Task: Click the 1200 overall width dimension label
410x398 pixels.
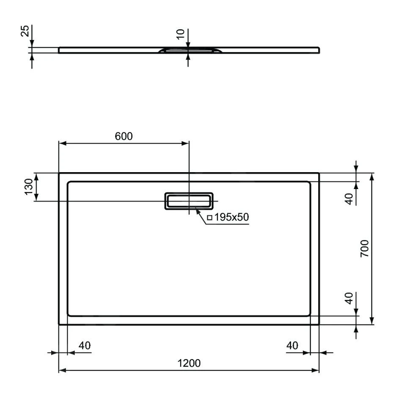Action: pyautogui.click(x=189, y=363)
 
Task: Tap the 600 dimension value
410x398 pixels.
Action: pyautogui.click(x=124, y=136)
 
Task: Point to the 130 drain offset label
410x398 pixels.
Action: pyautogui.click(x=28, y=187)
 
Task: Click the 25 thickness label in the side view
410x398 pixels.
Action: pyautogui.click(x=25, y=31)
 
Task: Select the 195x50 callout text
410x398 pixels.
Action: pyautogui.click(x=231, y=217)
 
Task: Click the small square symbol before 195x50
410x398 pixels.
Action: pyautogui.click(x=209, y=218)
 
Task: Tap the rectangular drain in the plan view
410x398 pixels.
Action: pyautogui.click(x=189, y=200)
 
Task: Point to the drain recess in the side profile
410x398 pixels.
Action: pyautogui.click(x=189, y=50)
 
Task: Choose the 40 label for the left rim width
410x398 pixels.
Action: pyautogui.click(x=85, y=345)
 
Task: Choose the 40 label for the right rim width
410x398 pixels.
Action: pyautogui.click(x=292, y=345)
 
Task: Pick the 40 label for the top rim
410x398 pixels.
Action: pyautogui.click(x=349, y=199)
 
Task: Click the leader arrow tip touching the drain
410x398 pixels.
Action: pyautogui.click(x=197, y=209)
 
